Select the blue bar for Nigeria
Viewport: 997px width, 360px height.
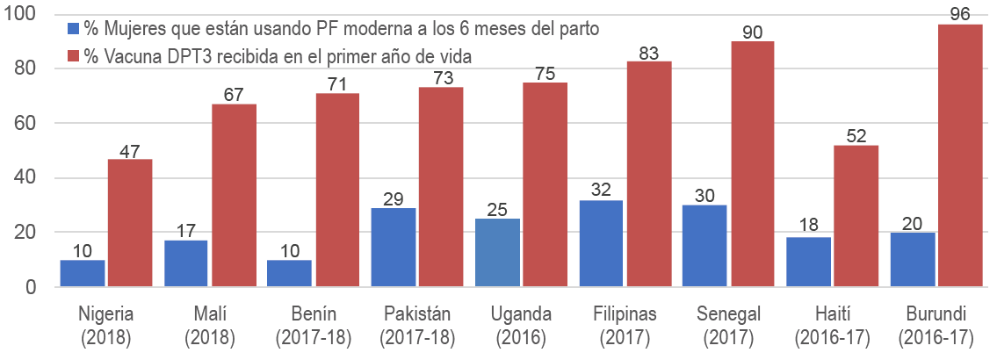[83, 273]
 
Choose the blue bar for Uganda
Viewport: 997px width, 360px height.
[497, 253]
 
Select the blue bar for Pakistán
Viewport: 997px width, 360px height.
[394, 248]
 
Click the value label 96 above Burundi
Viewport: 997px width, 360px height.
[959, 15]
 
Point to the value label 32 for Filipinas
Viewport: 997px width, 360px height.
[601, 191]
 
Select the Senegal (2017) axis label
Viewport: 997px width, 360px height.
[727, 324]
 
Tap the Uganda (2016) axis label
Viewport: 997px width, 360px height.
[520, 324]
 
